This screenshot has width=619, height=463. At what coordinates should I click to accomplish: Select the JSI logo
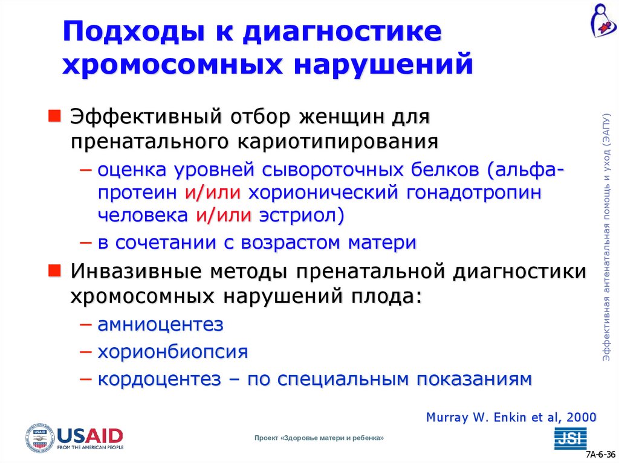[568, 438]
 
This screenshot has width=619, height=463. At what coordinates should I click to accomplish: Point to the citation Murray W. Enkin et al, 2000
[511, 417]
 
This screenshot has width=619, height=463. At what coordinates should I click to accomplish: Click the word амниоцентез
[161, 324]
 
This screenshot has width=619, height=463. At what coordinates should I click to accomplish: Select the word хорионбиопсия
[173, 351]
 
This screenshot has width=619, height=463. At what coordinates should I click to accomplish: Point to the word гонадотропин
[473, 193]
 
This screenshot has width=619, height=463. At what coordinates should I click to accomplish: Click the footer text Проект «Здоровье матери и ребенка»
[319, 438]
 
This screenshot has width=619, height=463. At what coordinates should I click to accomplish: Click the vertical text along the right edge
[606, 238]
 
